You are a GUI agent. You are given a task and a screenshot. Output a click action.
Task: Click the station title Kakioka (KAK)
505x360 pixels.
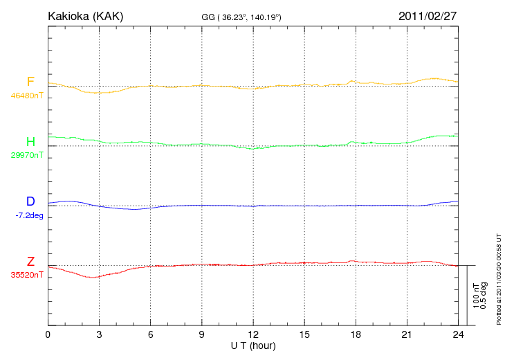point(85,15)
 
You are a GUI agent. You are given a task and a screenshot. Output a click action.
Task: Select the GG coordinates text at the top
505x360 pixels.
point(241,17)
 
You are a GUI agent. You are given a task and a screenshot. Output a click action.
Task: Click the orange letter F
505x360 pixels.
point(30,82)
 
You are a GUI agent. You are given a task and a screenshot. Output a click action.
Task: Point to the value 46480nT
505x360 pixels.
point(26,96)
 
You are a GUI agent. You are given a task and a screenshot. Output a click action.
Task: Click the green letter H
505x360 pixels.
point(30,142)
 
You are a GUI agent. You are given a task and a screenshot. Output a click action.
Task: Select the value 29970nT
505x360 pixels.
point(26,155)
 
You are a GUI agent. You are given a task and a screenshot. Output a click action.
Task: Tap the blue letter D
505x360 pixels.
point(30,201)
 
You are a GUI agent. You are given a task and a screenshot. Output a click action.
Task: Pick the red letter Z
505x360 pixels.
point(30,262)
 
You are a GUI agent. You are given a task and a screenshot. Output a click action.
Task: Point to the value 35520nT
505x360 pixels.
point(26,275)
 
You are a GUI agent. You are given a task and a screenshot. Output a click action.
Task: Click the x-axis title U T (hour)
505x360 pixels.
point(253,345)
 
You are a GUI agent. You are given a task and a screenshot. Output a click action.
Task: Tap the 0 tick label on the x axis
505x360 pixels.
point(48,334)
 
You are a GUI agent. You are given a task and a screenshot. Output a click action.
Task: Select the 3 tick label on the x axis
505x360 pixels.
point(99,334)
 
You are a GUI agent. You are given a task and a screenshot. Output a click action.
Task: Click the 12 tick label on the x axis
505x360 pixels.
point(253,334)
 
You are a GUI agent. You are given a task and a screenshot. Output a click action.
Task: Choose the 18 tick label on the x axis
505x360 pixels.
point(356,334)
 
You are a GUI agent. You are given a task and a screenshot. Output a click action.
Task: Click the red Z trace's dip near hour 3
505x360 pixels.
point(92,277)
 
